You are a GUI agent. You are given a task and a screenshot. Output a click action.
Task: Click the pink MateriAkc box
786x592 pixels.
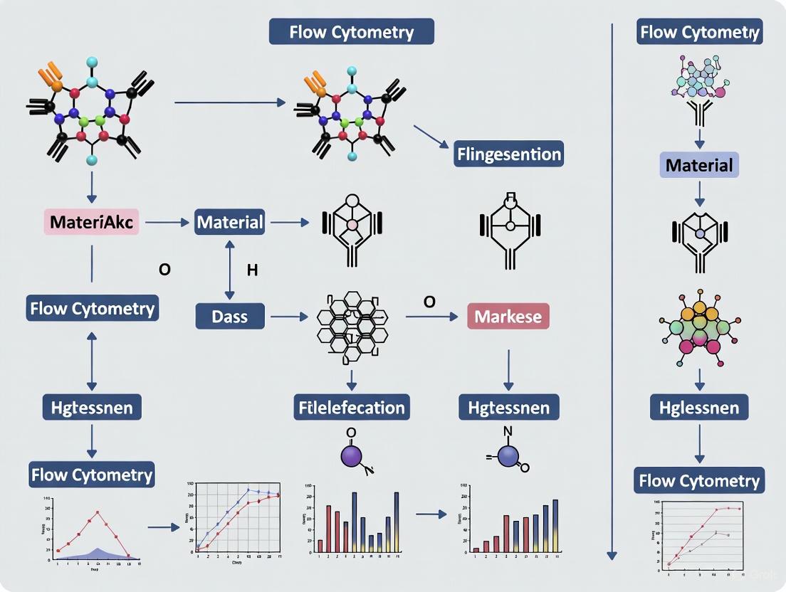(91, 222)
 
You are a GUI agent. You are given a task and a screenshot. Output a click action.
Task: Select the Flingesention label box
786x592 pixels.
(509, 154)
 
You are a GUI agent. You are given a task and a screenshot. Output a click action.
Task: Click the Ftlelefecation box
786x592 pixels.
(352, 408)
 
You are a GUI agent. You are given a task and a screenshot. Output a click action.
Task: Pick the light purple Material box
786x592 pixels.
(698, 166)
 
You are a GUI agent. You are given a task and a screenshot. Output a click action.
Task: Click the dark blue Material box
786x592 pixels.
(230, 222)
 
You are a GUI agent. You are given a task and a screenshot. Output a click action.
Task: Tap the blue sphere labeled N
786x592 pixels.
(509, 457)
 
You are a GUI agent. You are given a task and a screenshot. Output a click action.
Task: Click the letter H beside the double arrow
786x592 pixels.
(251, 270)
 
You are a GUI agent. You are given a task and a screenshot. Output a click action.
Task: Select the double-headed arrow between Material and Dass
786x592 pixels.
(229, 269)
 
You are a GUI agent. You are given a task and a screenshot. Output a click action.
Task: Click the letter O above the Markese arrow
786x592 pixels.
(429, 301)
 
